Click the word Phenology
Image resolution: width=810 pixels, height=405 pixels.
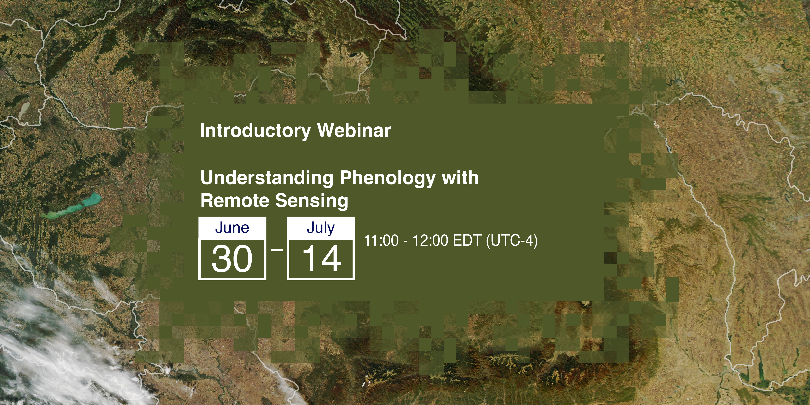pos(387,178)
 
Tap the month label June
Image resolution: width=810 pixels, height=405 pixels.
pos(232,228)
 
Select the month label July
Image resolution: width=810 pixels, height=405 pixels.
pos(321,228)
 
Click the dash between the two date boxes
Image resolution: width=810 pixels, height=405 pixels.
pos(277,250)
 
